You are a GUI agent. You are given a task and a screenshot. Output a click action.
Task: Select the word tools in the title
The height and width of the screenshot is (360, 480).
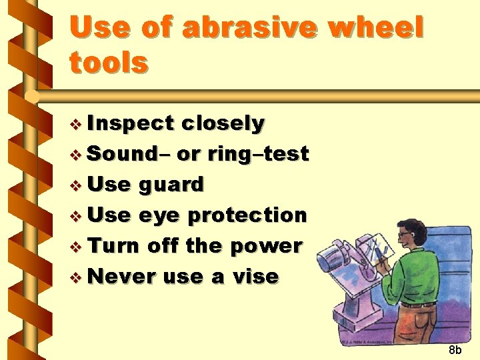[x=108, y=63]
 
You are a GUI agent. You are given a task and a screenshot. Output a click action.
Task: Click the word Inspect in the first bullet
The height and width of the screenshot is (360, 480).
[x=129, y=124]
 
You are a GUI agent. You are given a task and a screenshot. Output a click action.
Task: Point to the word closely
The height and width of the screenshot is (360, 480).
[x=223, y=124]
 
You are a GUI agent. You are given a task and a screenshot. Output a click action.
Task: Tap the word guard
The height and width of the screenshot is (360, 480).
[x=171, y=185]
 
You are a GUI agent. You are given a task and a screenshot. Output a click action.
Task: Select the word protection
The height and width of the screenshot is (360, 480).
[x=247, y=215]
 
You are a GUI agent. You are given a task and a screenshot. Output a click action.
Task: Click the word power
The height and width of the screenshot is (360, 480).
[x=266, y=246]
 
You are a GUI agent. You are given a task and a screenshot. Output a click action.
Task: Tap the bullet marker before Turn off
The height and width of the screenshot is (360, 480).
[x=76, y=247]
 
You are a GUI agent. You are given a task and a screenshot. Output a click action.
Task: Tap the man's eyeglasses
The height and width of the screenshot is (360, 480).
[x=405, y=235]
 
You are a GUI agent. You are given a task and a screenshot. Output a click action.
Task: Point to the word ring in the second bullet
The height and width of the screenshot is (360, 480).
[x=226, y=155]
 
